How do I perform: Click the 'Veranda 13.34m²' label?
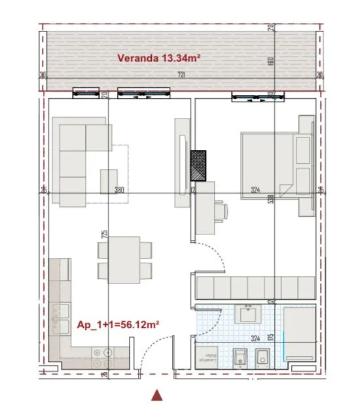click(158, 58)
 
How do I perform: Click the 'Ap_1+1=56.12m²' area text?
click(119, 324)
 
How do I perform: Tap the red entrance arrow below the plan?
click(156, 394)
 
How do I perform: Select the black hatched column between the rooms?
click(198, 166)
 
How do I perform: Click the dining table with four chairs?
click(124, 260)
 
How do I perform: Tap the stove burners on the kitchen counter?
click(103, 356)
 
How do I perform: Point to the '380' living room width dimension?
click(119, 191)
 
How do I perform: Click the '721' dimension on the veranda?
click(181, 75)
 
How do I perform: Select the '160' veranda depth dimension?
click(270, 61)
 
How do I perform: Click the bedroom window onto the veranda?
click(258, 98)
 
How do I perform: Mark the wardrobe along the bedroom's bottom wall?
click(255, 287)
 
